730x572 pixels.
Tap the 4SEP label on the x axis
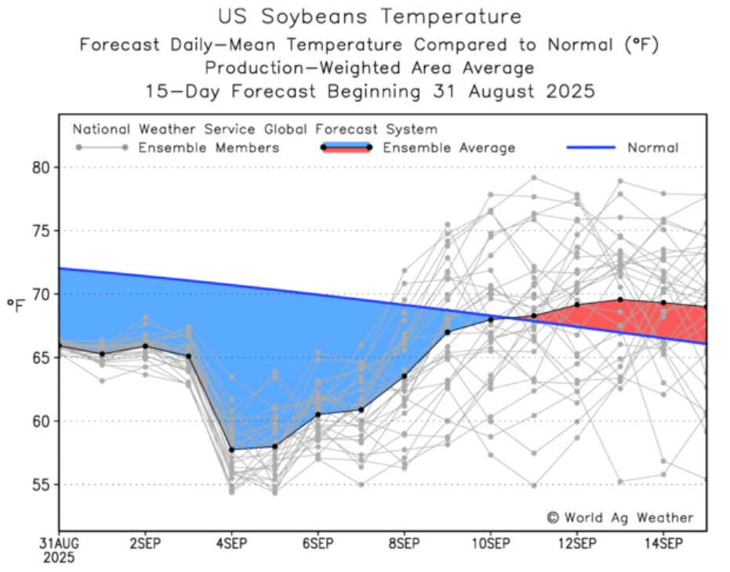pos(231,543)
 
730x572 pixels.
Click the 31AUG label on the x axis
pos(59,543)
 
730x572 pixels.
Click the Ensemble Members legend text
pos(209,148)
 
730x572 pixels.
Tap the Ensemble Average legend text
pos(449,148)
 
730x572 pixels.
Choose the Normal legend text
pos(652,148)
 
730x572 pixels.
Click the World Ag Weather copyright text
pos(619,517)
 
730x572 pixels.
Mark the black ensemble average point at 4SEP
pos(231,450)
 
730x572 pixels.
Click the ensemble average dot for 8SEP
pos(404,376)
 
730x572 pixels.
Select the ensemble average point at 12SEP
pos(577,304)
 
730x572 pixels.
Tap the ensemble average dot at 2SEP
pos(145,346)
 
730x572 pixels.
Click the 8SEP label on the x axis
pos(404,543)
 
